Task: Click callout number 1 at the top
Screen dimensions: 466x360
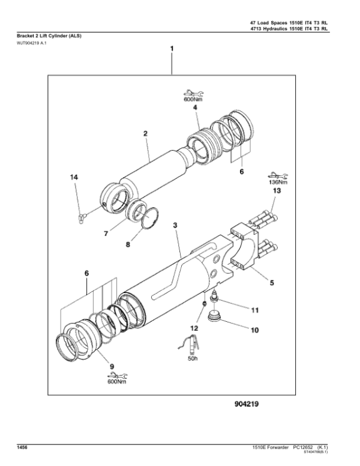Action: pyautogui.click(x=172, y=47)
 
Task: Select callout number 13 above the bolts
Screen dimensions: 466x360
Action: pyautogui.click(x=277, y=190)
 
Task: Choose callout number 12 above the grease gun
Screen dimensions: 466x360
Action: pyautogui.click(x=193, y=329)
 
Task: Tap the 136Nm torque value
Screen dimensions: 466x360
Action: pyautogui.click(x=277, y=183)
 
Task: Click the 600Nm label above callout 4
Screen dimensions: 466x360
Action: pyautogui.click(x=193, y=100)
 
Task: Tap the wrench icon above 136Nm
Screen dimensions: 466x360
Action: pyautogui.click(x=276, y=175)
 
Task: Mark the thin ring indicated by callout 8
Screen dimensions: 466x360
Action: pyautogui.click(x=150, y=217)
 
